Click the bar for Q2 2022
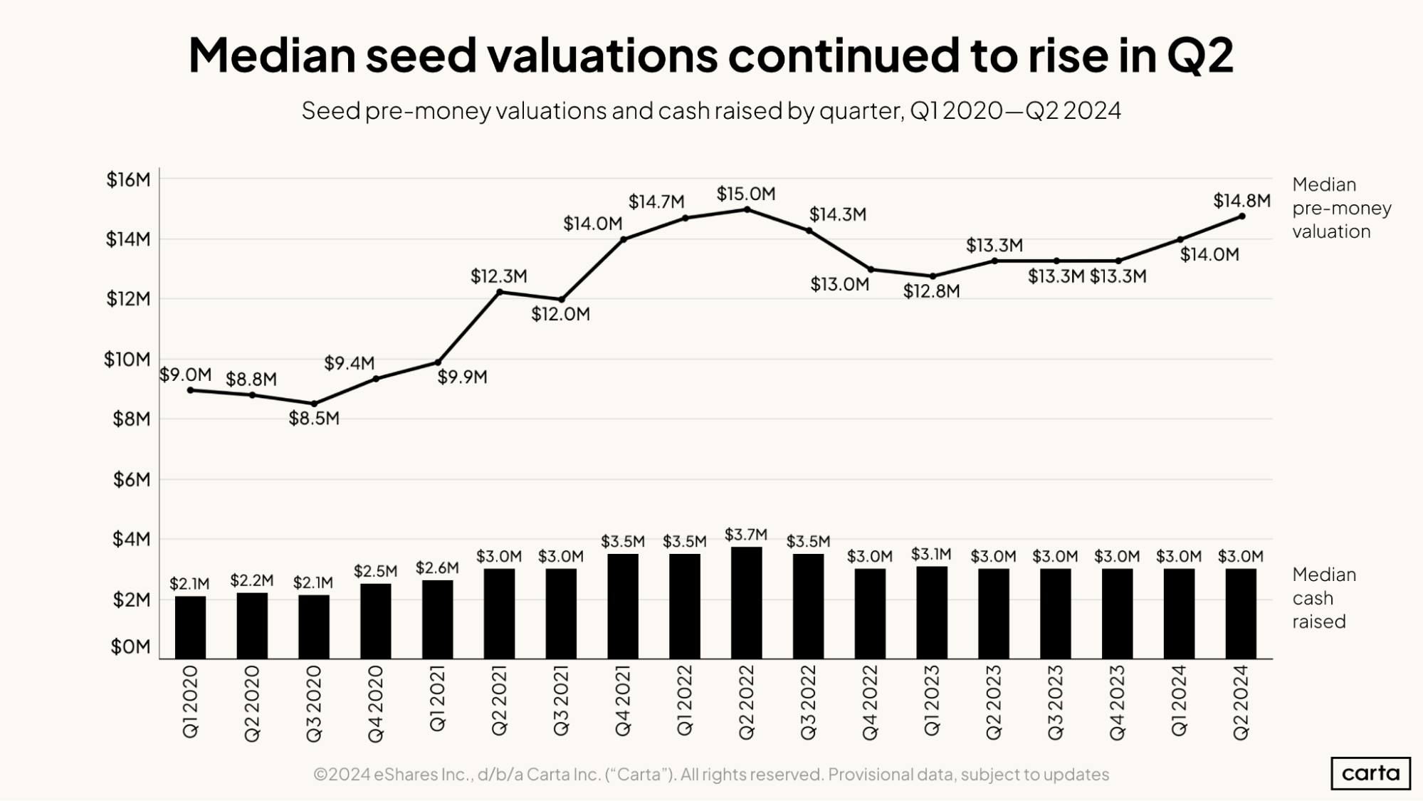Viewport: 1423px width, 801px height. [746, 602]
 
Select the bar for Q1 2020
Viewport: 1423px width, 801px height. [190, 627]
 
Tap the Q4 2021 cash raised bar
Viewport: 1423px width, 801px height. [623, 606]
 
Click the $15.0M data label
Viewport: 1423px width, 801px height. [745, 194]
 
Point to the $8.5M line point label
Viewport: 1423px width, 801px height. [314, 419]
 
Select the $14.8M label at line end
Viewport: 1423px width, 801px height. [1241, 201]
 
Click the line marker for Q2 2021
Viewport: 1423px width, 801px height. [500, 292]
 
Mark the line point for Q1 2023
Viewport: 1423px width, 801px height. [933, 276]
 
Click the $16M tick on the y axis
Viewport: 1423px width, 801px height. [129, 179]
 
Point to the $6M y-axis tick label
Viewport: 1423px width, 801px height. [132, 480]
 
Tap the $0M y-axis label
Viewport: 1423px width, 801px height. [131, 646]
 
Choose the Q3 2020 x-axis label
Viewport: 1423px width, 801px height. [314, 703]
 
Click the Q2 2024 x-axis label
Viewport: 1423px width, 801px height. [1241, 703]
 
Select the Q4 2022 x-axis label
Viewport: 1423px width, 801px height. [870, 703]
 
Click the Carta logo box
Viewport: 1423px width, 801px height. [1370, 773]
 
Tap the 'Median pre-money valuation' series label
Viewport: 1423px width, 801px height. [1340, 208]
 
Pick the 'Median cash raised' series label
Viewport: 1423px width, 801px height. [1323, 598]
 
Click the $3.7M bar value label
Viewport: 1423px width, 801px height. [745, 534]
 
